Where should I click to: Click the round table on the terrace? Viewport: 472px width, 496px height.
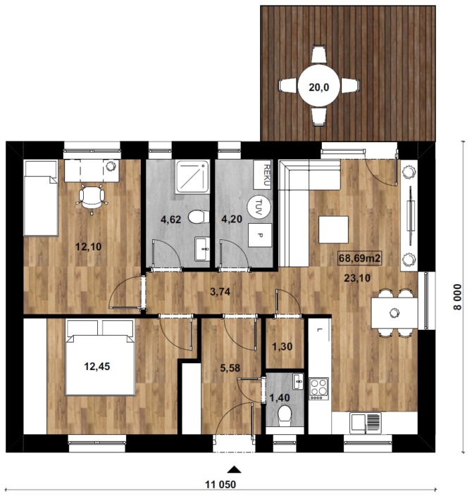(318, 86)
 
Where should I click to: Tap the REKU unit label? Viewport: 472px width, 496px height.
(266, 175)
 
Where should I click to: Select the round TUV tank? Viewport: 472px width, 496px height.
(259, 207)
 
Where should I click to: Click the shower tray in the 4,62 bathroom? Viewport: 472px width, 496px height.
(192, 177)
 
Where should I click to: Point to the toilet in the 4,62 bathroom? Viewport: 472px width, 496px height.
(199, 217)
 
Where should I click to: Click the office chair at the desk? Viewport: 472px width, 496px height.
(92, 198)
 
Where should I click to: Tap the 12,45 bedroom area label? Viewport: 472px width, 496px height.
(97, 367)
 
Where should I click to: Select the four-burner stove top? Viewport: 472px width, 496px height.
(318, 388)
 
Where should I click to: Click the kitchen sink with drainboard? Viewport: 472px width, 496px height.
(365, 423)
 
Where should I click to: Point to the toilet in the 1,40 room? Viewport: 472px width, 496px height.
(284, 416)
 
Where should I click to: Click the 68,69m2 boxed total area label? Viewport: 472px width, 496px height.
(359, 258)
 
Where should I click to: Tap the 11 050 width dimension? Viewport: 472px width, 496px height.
(221, 485)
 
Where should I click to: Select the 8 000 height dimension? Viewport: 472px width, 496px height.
(458, 298)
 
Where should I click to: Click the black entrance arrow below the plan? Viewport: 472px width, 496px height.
(234, 469)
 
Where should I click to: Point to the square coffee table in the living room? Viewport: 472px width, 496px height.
(333, 229)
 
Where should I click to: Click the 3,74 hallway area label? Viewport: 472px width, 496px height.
(221, 292)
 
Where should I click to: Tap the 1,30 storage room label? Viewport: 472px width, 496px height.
(282, 347)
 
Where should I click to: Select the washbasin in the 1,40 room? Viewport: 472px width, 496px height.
(298, 381)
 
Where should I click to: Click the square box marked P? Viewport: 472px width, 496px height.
(260, 235)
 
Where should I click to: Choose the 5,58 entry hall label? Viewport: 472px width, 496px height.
(230, 368)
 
